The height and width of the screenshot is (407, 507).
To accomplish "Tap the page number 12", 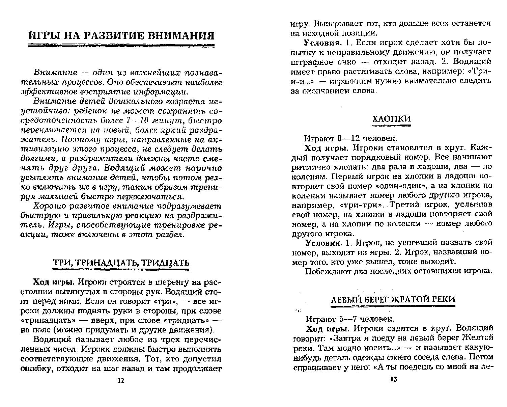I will [x=121, y=380].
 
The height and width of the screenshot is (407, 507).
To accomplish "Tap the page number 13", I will [x=394, y=379].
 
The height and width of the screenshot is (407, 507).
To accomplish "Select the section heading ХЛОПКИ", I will [x=391, y=119].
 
